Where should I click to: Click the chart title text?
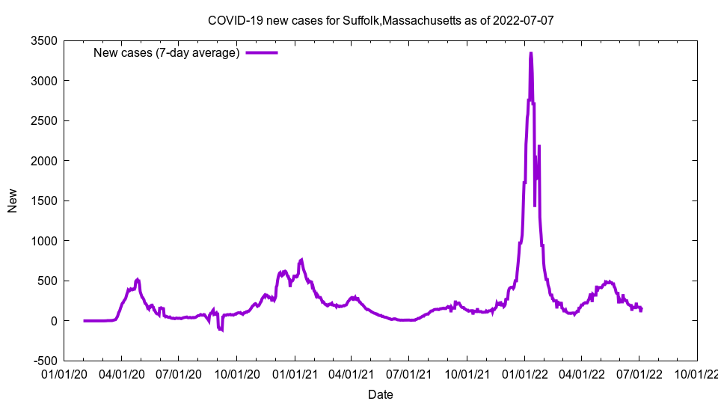pyautogui.click(x=381, y=20)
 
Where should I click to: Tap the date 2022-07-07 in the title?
pyautogui.click(x=524, y=20)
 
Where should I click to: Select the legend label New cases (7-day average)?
pyautogui.click(x=166, y=52)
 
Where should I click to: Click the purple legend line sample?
pyautogui.click(x=262, y=52)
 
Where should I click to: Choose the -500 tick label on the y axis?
pyautogui.click(x=46, y=361)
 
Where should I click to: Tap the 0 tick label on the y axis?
pyautogui.click(x=55, y=321)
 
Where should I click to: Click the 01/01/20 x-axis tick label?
pyautogui.click(x=64, y=373)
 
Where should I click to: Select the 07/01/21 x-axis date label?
pyautogui.click(x=408, y=373)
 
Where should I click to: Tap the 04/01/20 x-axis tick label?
pyautogui.click(x=121, y=373)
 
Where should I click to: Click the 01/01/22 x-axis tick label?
pyautogui.click(x=524, y=373)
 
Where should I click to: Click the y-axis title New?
pyautogui.click(x=13, y=201)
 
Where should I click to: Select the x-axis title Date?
pyautogui.click(x=380, y=394)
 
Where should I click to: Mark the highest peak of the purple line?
pyautogui.click(x=530, y=53)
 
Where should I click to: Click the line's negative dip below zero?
pyautogui.click(x=221, y=329)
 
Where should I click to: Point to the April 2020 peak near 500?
pyautogui.click(x=138, y=280)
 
